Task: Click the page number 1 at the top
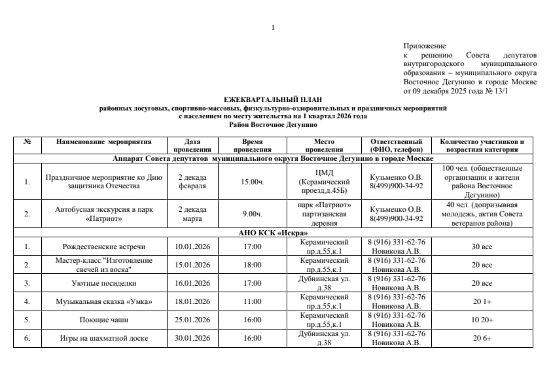coord(273,27)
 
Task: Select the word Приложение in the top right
coord(425,46)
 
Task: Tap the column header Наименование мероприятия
coord(103,141)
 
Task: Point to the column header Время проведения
coord(252,145)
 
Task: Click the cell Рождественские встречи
coord(103,246)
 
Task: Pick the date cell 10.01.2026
coord(192,246)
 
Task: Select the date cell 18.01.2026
coord(192,301)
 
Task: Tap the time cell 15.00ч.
coord(252,181)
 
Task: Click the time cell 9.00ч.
coord(252,214)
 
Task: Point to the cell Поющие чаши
coord(103,320)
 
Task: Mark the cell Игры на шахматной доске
coord(103,338)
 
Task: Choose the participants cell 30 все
coord(482,246)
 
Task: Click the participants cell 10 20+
coord(482,320)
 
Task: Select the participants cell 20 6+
coord(482,338)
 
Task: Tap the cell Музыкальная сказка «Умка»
coord(103,301)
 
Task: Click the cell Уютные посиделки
coord(103,283)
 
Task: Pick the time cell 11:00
coord(252,301)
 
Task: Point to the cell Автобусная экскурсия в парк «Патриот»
coord(103,214)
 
